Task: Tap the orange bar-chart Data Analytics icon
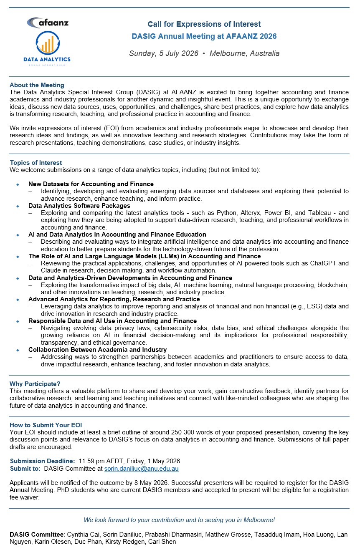coord(47,43)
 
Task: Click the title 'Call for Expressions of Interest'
coord(204,24)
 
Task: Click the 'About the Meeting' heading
coord(37,85)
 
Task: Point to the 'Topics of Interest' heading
coord(36,163)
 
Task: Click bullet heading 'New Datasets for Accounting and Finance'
coord(91,184)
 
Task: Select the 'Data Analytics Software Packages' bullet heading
coord(79,206)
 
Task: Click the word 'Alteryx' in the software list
coord(250,213)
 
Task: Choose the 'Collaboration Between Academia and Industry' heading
coord(97,350)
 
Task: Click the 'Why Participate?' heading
coord(35,383)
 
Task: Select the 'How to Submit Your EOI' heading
coord(43,425)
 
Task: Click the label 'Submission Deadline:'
coord(42,461)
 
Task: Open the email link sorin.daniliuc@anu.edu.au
coord(141,469)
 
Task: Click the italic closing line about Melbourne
coord(179,520)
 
